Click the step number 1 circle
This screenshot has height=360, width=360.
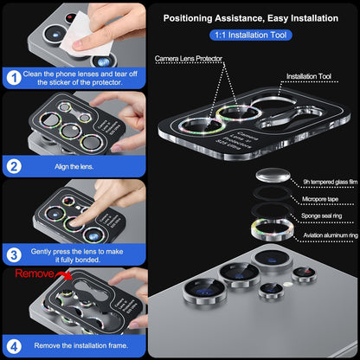14,77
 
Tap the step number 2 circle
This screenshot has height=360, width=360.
14,165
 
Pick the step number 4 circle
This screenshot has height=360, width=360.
14,344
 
